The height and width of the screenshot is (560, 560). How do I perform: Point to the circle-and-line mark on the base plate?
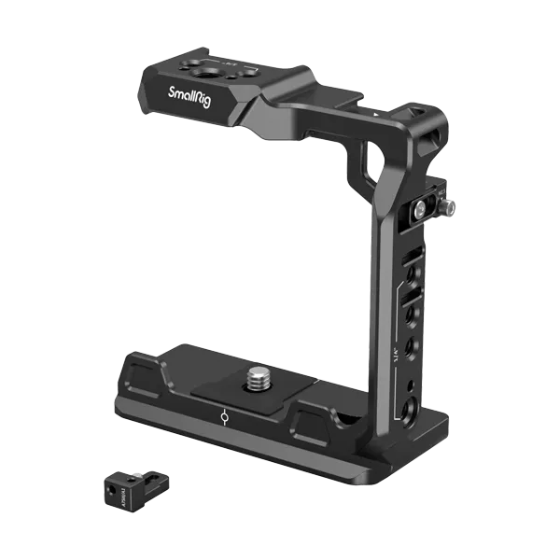(x=225, y=417)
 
